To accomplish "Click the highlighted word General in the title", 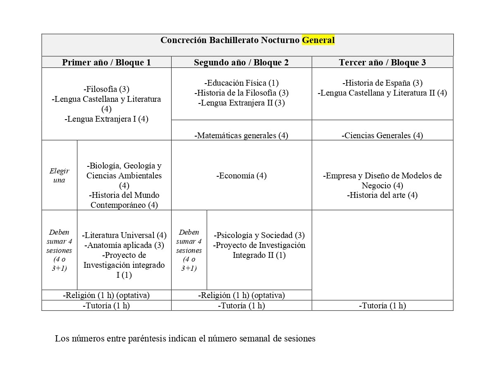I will pyautogui.click(x=318, y=40).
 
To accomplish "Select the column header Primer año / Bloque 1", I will pyautogui.click(x=106, y=62).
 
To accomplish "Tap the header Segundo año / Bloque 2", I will pyautogui.click(x=241, y=62).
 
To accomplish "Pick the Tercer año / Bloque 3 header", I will pyautogui.click(x=382, y=62).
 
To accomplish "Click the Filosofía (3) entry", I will pyautogui.click(x=106, y=89).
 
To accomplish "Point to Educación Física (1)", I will pyautogui.click(x=241, y=83).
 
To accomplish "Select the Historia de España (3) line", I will pyautogui.click(x=382, y=83).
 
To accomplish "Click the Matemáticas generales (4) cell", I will pyautogui.click(x=241, y=135).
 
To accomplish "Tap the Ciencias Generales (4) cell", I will pyautogui.click(x=382, y=135).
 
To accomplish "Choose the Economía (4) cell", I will pyautogui.click(x=241, y=175).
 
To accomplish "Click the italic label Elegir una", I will pyautogui.click(x=59, y=175).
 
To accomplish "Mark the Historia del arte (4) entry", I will pyautogui.click(x=382, y=195).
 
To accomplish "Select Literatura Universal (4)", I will pyautogui.click(x=124, y=235).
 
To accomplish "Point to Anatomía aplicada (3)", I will pyautogui.click(x=124, y=245).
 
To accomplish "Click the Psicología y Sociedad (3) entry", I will pyautogui.click(x=259, y=235).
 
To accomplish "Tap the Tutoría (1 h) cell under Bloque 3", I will pyautogui.click(x=382, y=305).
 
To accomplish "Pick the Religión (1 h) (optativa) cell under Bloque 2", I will pyautogui.click(x=241, y=296).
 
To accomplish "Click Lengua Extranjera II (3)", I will pyautogui.click(x=241, y=103).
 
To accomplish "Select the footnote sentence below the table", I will pyautogui.click(x=185, y=339).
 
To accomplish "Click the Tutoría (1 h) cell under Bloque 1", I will pyautogui.click(x=106, y=305).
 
